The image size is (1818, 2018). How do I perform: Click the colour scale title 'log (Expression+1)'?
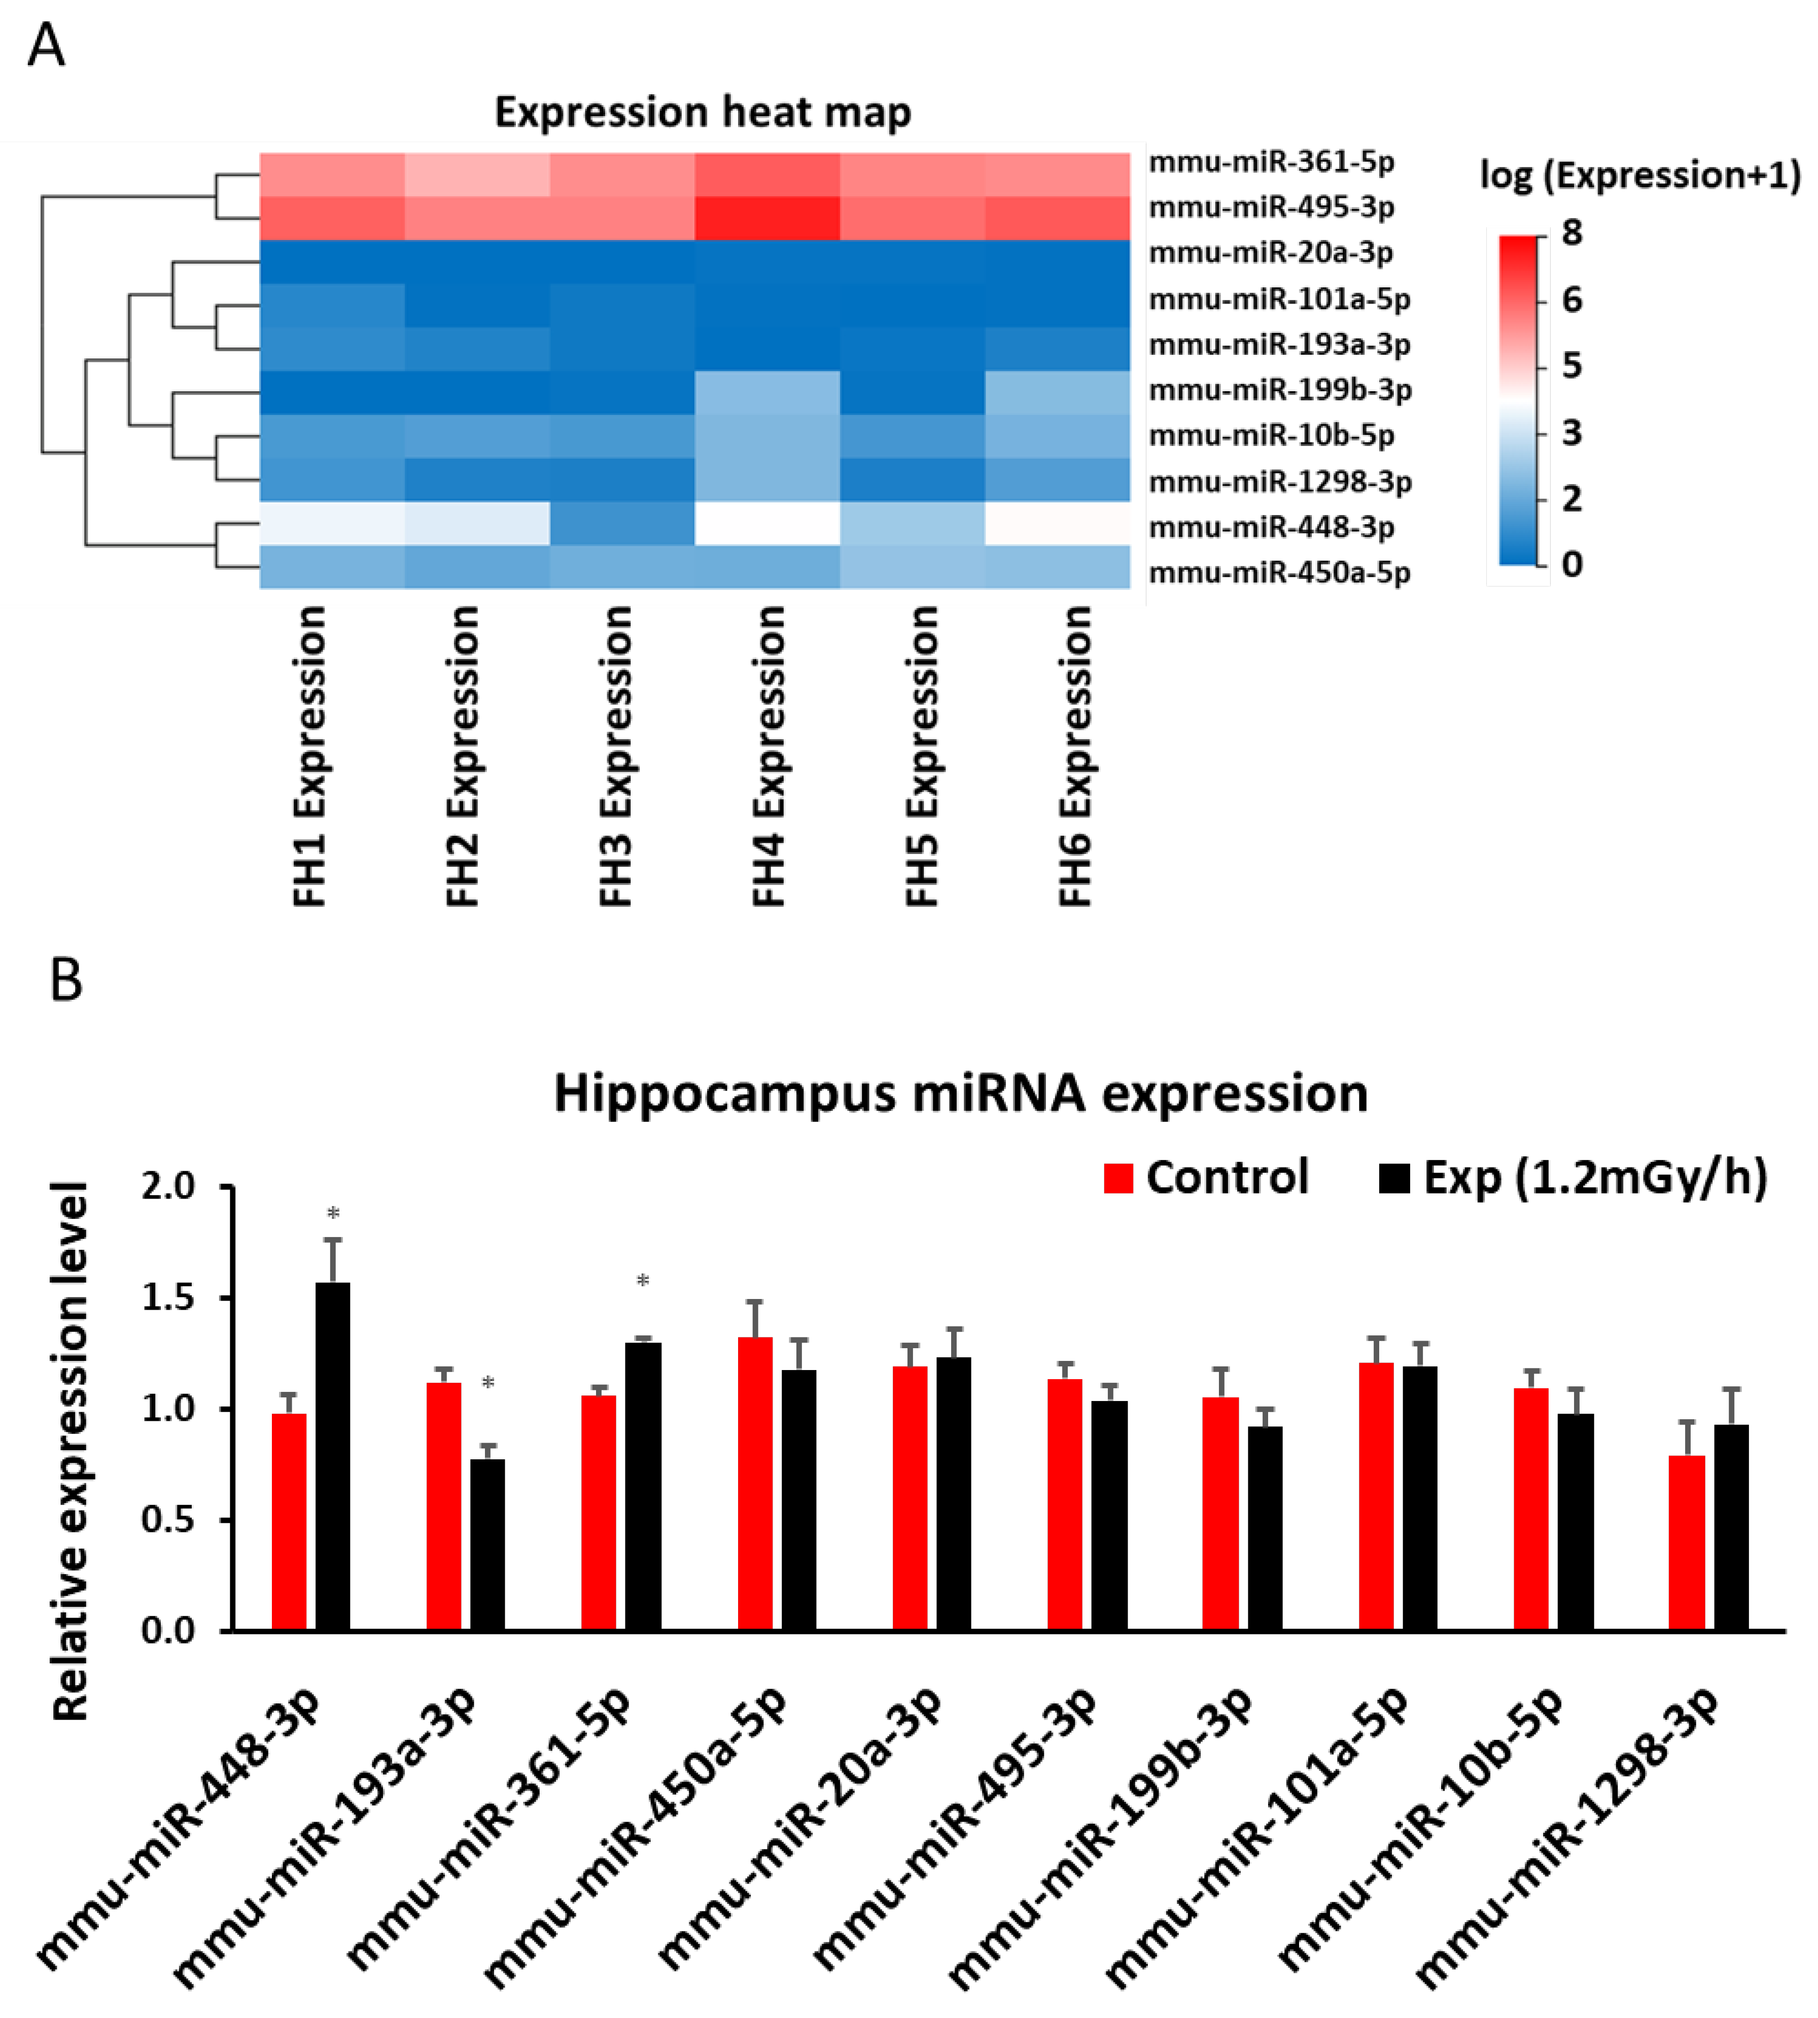click(1640, 176)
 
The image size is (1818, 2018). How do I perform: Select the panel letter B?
click(66, 981)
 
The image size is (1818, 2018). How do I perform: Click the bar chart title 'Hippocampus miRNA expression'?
click(960, 1093)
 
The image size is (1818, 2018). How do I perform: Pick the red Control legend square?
click(1118, 1179)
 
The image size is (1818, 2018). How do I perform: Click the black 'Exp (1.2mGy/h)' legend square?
click(1393, 1179)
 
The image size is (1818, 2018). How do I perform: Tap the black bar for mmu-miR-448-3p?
click(333, 1458)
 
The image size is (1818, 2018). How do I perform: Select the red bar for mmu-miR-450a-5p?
click(755, 1484)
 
